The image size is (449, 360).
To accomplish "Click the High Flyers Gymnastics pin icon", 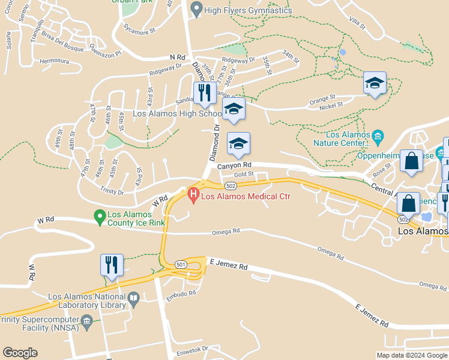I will (x=196, y=10).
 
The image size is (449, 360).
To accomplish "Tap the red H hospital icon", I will (x=193, y=194).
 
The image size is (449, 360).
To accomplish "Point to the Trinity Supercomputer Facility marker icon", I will (x=87, y=322).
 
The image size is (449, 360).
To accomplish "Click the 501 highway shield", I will (x=181, y=264).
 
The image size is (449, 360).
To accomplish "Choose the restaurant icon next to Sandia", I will (x=205, y=92).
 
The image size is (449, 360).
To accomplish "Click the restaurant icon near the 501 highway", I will (x=112, y=265).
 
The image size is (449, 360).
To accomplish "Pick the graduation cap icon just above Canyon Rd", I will (x=238, y=143).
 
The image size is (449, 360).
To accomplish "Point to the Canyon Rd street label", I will (x=234, y=165).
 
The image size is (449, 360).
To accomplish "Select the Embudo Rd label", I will (x=181, y=293).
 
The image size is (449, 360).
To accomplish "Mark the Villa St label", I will (x=358, y=23).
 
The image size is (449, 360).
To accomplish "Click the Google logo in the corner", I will (x=20, y=353).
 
